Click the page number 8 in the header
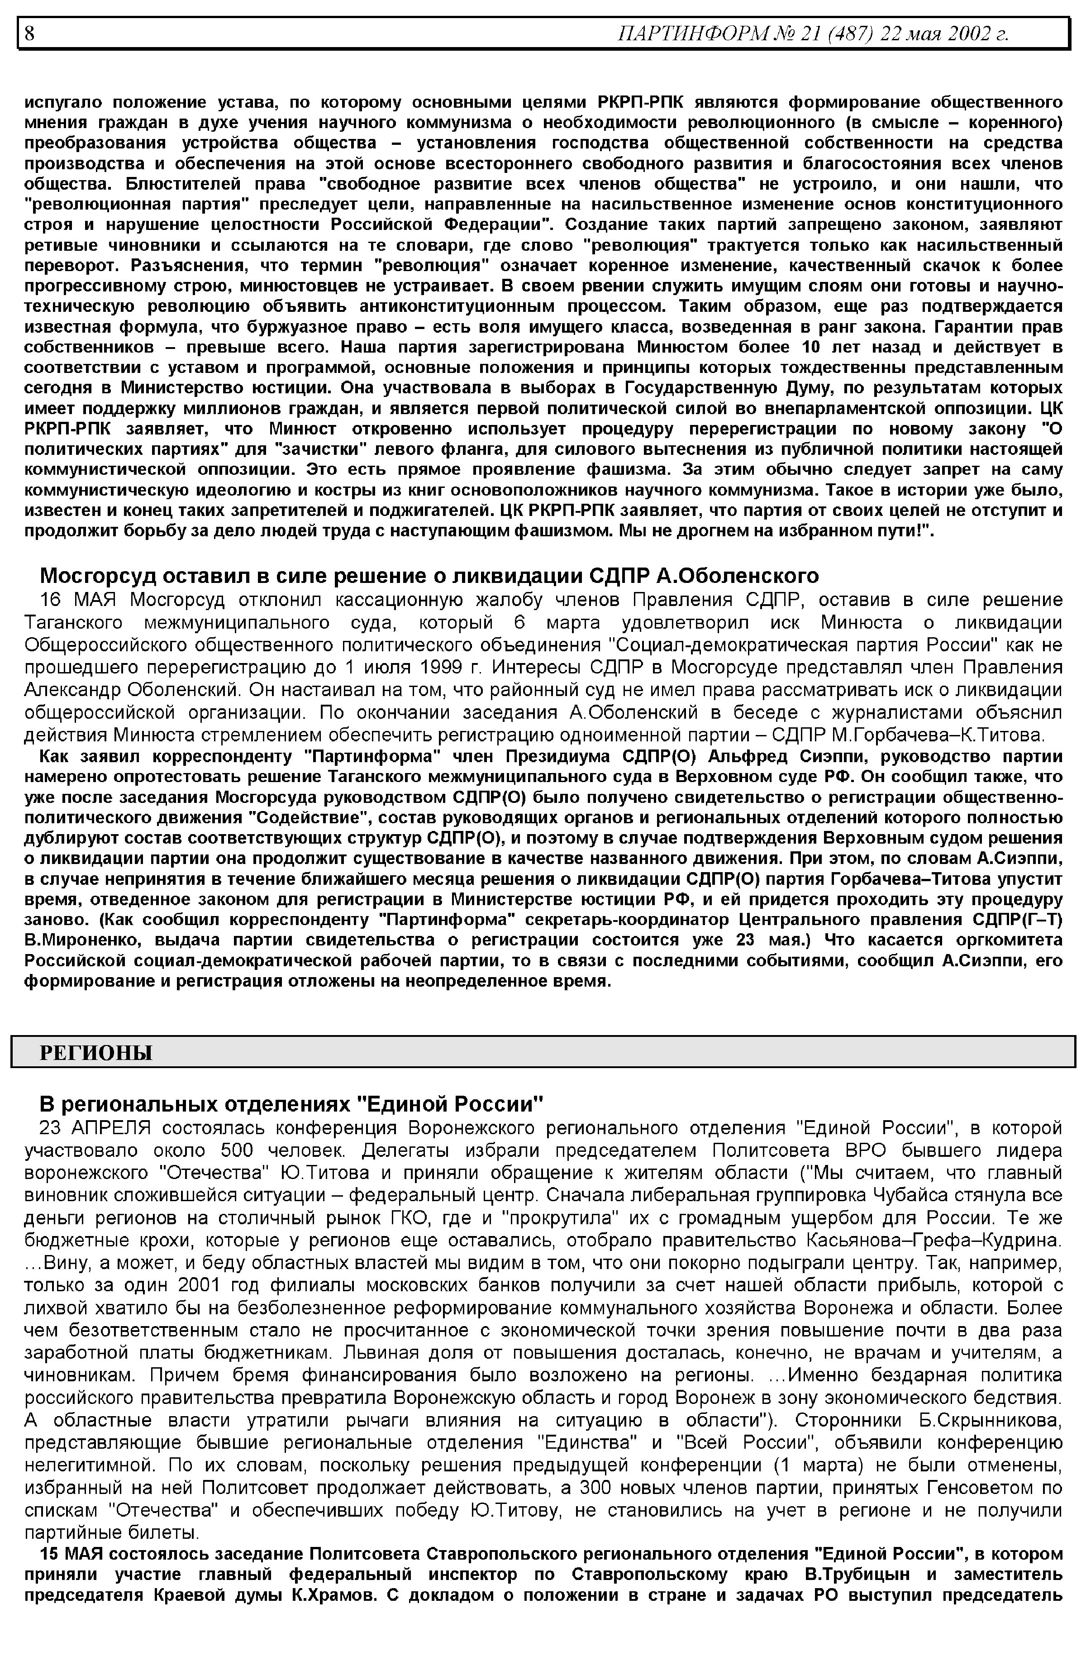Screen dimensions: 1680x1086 (x=29, y=33)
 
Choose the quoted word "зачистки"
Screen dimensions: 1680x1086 (x=317, y=449)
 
